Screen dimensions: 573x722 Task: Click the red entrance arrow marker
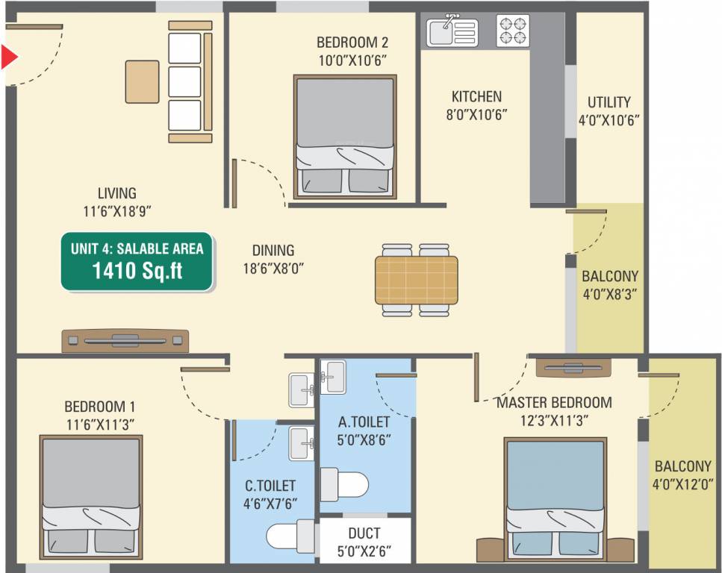[7, 57]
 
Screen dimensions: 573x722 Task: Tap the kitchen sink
[451, 31]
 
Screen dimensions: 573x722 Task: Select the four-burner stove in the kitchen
[512, 31]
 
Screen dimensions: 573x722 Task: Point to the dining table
[416, 278]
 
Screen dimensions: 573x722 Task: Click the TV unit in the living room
[125, 340]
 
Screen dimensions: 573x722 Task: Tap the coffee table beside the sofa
[142, 81]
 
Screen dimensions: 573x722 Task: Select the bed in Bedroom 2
[343, 137]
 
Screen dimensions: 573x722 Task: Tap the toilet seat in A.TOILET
[346, 483]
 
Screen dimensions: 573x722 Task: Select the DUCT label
[364, 533]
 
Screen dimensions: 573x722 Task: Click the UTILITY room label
[609, 102]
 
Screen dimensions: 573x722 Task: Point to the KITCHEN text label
[476, 96]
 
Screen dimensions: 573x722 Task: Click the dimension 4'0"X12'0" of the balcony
[682, 483]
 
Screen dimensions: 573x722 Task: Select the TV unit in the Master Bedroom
[569, 368]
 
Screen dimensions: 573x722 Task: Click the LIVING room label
[116, 193]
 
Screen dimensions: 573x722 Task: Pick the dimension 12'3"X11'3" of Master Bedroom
[554, 420]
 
